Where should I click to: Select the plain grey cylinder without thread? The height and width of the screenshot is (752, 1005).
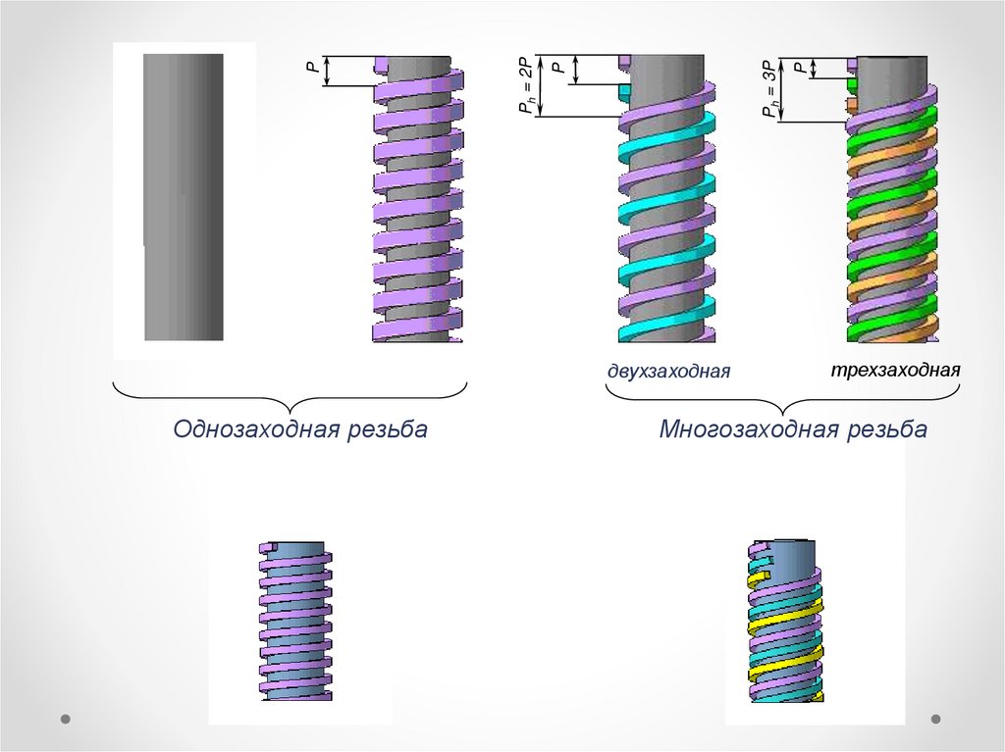[184, 196]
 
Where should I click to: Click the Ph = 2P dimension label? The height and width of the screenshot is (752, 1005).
[527, 87]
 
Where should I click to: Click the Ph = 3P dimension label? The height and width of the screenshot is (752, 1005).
[772, 89]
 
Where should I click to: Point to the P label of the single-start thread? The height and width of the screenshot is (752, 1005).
[311, 70]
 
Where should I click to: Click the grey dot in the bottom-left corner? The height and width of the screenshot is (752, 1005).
[66, 719]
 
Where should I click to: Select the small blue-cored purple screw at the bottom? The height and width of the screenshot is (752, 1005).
[294, 620]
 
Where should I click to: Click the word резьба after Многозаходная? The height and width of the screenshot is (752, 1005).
[887, 430]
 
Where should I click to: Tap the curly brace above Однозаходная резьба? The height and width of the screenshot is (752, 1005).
[291, 398]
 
